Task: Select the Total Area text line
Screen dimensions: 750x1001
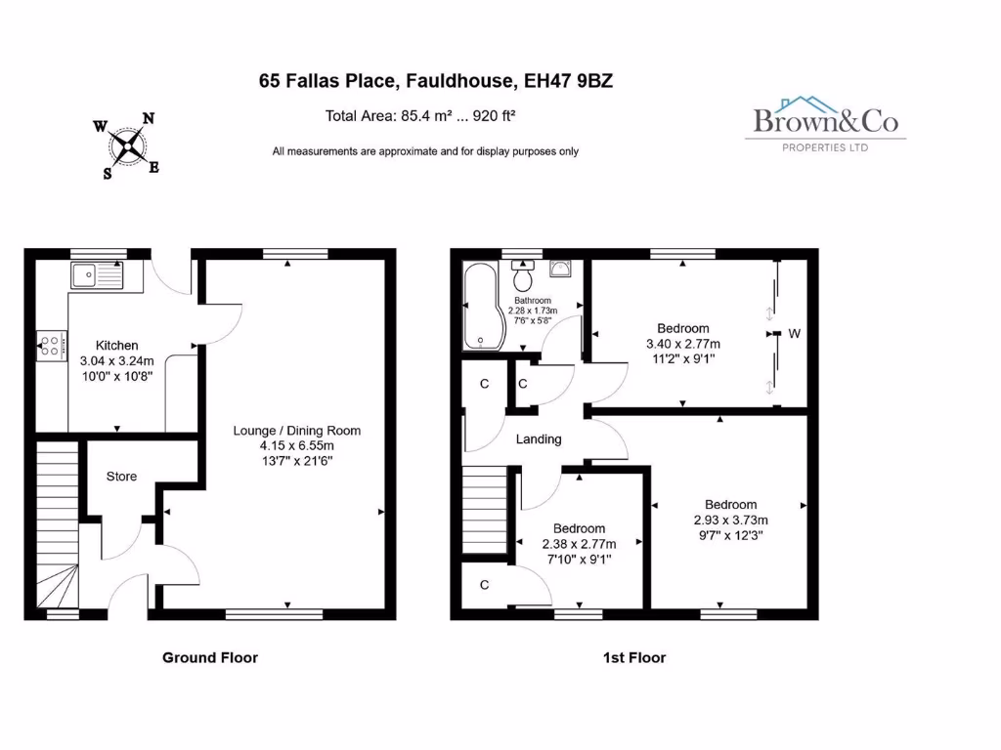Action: (420, 115)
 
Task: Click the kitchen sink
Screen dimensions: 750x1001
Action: (97, 275)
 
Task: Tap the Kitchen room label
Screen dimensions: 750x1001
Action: (116, 345)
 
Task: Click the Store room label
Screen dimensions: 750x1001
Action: (121, 477)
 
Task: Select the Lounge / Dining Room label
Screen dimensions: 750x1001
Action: (296, 431)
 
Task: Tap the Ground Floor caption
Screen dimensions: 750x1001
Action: (210, 657)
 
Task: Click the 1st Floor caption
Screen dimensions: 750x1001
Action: (633, 657)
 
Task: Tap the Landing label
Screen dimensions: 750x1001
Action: (539, 439)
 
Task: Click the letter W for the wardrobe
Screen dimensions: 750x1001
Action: (795, 334)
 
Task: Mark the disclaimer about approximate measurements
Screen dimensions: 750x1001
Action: (425, 151)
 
